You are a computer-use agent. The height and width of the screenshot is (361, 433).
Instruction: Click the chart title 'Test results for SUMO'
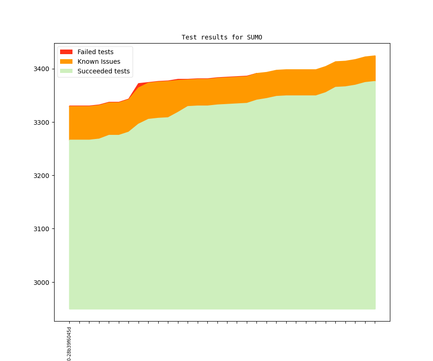point(222,37)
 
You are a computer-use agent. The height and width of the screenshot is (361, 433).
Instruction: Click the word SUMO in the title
point(254,37)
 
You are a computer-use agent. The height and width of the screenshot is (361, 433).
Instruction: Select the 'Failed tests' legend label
point(95,52)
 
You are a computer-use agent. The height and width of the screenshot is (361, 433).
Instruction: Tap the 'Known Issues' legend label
point(99,61)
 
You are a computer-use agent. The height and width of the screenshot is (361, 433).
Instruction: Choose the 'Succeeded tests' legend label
point(103,71)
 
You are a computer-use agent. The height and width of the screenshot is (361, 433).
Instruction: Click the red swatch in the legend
point(66,52)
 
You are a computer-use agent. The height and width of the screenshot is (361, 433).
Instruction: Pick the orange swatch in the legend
point(66,61)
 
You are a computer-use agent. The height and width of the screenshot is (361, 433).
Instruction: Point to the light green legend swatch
point(66,71)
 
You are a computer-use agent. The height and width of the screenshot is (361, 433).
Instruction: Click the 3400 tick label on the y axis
point(42,69)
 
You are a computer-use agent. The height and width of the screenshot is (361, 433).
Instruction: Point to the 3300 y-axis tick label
point(42,122)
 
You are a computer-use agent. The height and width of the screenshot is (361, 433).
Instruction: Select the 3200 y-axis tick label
point(42,176)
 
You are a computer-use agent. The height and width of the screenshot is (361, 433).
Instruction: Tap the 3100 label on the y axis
point(42,229)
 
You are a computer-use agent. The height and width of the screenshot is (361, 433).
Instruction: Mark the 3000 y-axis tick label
point(42,282)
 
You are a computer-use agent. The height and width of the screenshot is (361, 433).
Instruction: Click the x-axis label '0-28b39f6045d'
point(69,344)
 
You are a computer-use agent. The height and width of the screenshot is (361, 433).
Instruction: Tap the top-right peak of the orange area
point(375,56)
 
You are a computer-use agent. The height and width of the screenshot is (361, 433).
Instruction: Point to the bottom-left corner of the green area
point(70,309)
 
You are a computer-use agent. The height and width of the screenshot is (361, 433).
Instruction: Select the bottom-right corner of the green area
point(375,309)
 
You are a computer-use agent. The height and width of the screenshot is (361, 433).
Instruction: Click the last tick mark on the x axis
point(375,322)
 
